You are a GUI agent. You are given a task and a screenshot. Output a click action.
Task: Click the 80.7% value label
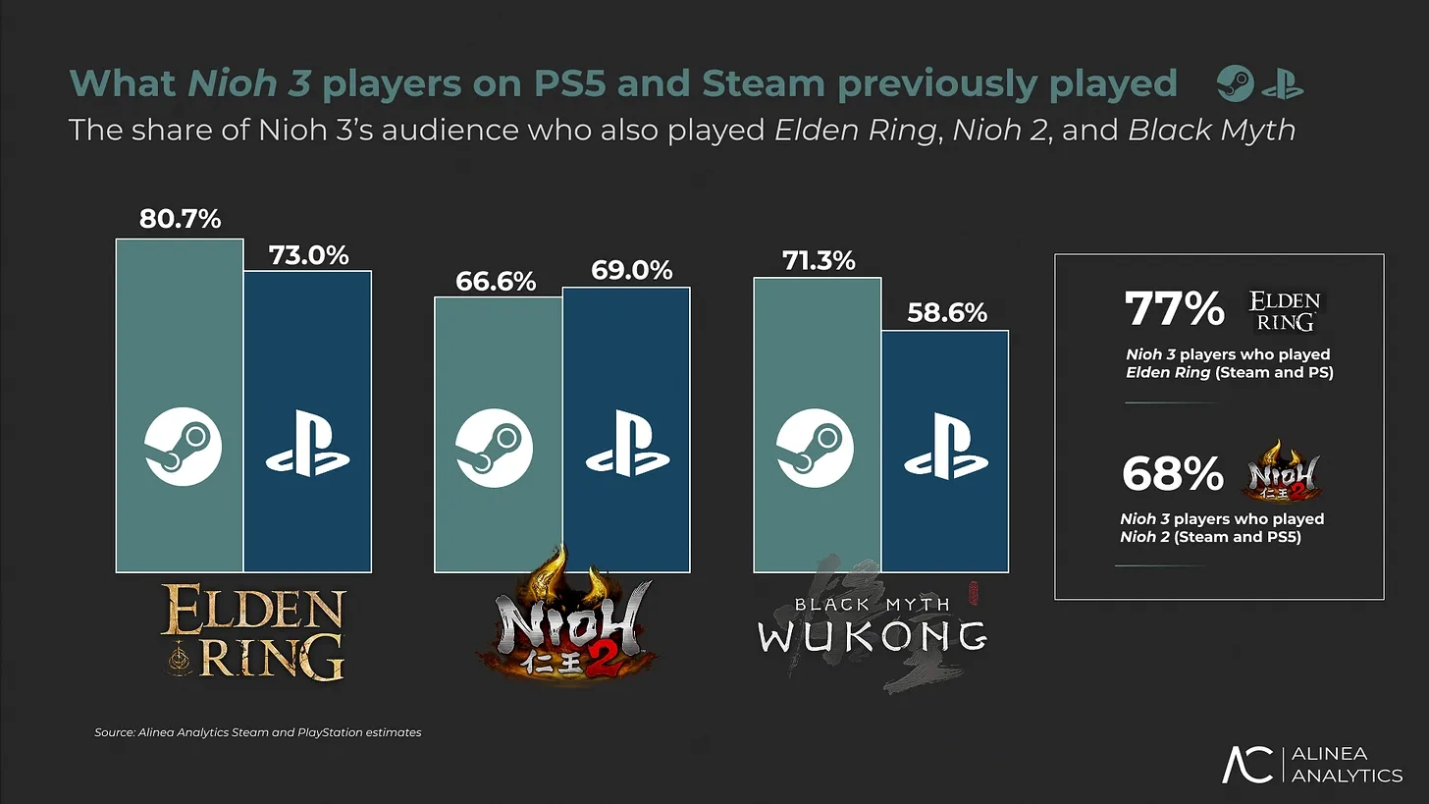coord(180,219)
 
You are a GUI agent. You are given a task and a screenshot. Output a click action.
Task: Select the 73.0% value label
coord(308,254)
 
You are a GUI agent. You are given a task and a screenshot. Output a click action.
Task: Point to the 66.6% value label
coord(497,282)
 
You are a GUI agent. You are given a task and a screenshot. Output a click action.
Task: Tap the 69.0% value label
coord(632,270)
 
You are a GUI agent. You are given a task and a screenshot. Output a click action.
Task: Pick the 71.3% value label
coord(819,260)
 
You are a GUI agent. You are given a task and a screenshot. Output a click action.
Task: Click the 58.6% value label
coord(946,312)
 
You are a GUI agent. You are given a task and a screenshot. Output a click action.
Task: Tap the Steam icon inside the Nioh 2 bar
coord(495,446)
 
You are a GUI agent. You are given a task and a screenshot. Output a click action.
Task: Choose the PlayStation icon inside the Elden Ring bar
coord(308,447)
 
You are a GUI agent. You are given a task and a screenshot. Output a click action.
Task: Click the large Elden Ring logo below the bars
coord(253,632)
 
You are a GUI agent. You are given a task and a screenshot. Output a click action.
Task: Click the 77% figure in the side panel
coord(1174,309)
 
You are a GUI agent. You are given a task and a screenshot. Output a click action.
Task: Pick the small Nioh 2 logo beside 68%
coord(1281,471)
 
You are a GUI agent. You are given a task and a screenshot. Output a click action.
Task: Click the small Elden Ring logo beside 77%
coord(1285,309)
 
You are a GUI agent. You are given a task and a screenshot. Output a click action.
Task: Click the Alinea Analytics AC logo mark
coord(1247,765)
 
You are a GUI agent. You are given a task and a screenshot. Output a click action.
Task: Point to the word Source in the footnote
coord(115,732)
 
